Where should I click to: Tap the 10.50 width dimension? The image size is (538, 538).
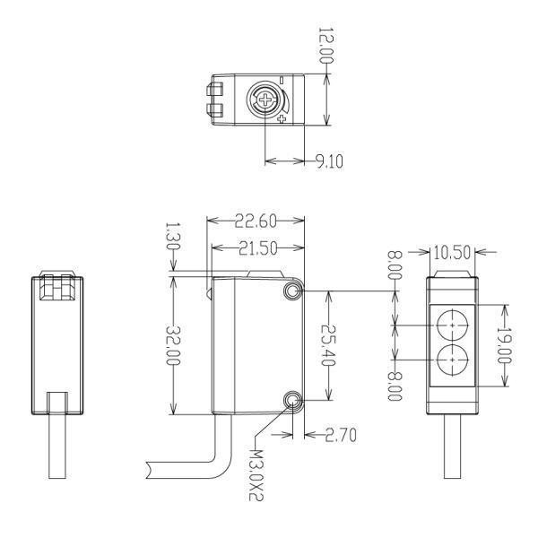[x=450, y=252]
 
